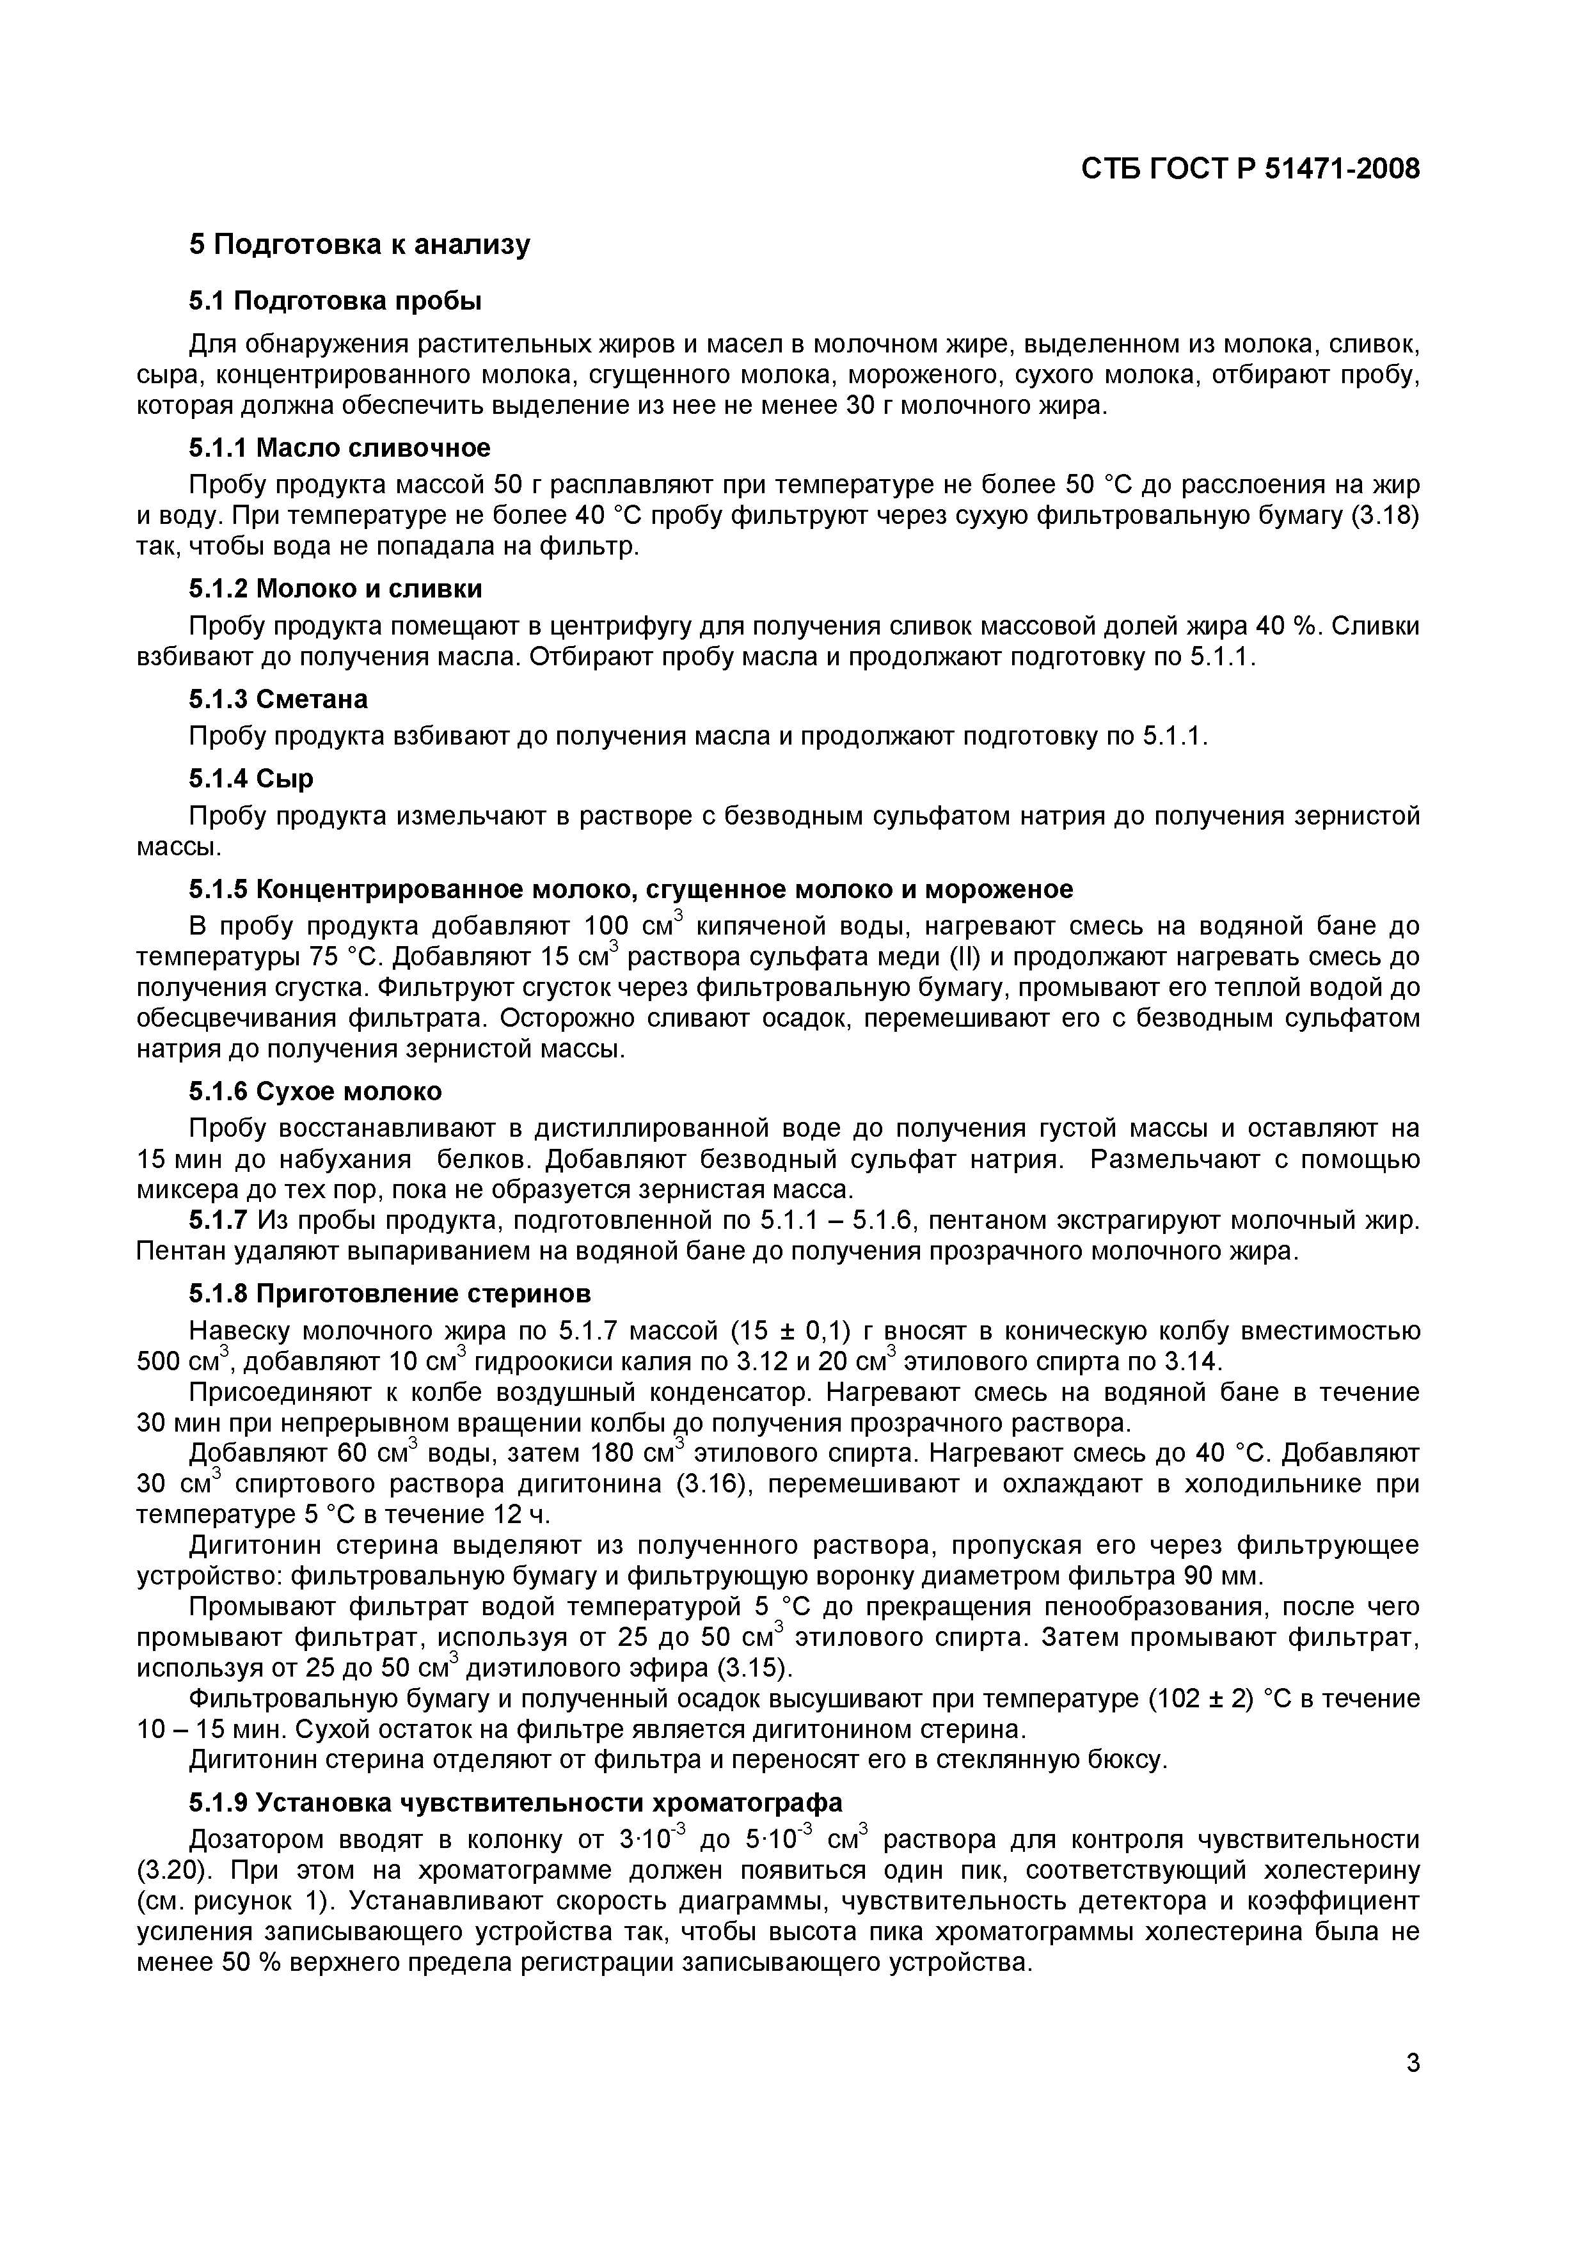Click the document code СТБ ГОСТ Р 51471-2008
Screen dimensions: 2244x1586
(x=1250, y=169)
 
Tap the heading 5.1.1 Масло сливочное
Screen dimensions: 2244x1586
(x=339, y=448)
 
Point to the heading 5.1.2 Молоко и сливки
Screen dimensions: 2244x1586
(x=335, y=589)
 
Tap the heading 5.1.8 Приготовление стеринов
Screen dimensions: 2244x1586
(x=390, y=1294)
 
